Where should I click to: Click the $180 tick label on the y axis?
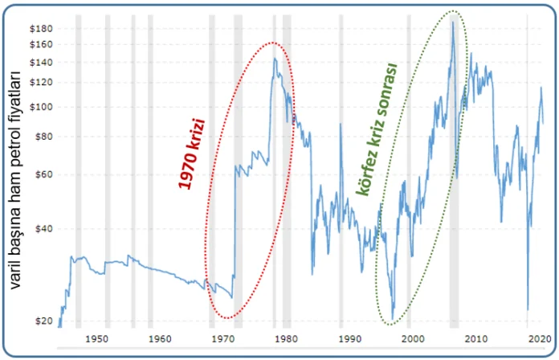(42, 29)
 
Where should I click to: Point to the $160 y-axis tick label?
(42, 44)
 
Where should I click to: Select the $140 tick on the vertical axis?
(42, 62)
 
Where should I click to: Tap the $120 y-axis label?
(42, 82)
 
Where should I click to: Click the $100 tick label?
(42, 106)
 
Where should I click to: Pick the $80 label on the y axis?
(44, 136)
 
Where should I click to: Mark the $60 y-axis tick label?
(44, 174)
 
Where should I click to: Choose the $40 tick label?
(44, 228)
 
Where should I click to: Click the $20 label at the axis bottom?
(44, 321)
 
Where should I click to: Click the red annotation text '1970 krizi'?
(192, 153)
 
